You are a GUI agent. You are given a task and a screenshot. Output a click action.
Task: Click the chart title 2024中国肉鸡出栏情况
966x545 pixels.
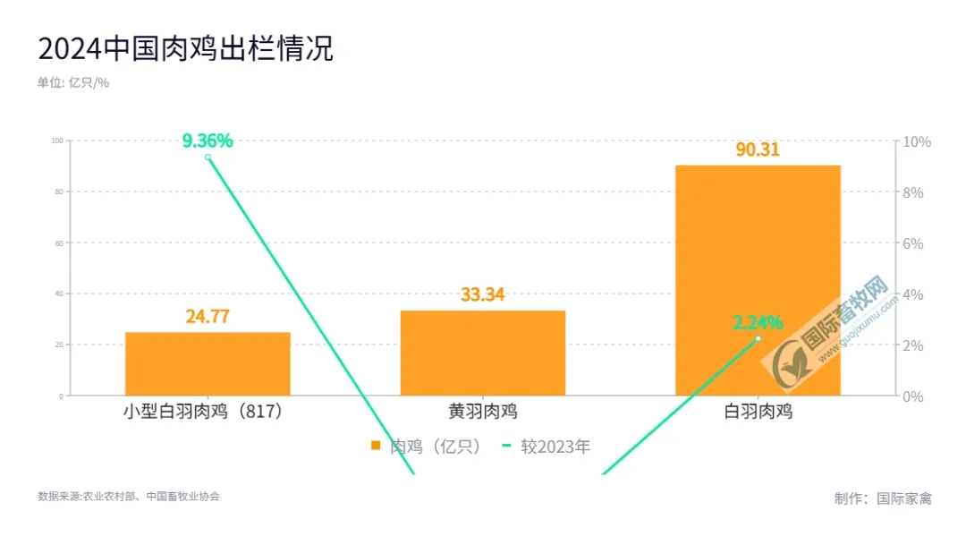pyautogui.click(x=185, y=48)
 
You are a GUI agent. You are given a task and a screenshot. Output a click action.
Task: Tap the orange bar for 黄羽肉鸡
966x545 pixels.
pyautogui.click(x=483, y=353)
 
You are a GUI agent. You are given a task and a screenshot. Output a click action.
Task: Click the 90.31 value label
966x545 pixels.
pyautogui.click(x=758, y=150)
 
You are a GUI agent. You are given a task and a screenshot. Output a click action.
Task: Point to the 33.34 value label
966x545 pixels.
pyautogui.click(x=483, y=295)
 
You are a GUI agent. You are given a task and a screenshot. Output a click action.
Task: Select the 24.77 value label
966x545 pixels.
pyautogui.click(x=208, y=317)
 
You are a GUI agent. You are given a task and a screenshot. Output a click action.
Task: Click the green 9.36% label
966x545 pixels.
pyautogui.click(x=208, y=141)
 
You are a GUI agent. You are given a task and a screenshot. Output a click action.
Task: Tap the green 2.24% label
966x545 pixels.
pyautogui.click(x=758, y=322)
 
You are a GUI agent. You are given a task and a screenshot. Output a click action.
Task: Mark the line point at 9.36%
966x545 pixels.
pyautogui.click(x=208, y=158)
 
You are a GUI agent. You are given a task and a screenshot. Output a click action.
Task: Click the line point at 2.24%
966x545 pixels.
pyautogui.click(x=758, y=338)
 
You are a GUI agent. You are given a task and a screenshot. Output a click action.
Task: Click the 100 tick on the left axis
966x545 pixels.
pyautogui.click(x=57, y=141)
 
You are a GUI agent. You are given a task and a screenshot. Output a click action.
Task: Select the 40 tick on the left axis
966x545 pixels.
pyautogui.click(x=58, y=294)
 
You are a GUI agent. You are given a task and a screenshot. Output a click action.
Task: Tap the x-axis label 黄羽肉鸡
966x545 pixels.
pyautogui.click(x=483, y=413)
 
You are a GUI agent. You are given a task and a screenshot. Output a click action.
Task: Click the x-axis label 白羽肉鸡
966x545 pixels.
pyautogui.click(x=758, y=413)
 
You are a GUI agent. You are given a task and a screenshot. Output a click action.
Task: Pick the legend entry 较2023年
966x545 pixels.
pyautogui.click(x=547, y=447)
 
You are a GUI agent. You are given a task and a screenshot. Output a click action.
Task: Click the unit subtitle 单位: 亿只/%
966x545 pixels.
pyautogui.click(x=72, y=82)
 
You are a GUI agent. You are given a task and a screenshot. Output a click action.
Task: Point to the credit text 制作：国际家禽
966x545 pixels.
pyautogui.click(x=883, y=498)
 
